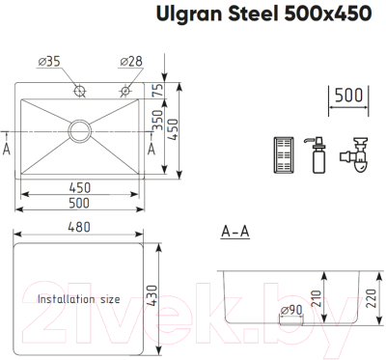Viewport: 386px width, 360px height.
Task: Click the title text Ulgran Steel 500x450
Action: [267, 14]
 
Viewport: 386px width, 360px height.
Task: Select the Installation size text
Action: [78, 299]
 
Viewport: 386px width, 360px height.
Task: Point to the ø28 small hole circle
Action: [124, 93]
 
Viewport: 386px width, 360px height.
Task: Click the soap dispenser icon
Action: [316, 154]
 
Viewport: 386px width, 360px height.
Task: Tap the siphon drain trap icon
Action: [357, 153]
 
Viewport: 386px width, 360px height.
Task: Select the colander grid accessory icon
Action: [284, 154]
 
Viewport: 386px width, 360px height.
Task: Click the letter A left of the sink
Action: [8, 150]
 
